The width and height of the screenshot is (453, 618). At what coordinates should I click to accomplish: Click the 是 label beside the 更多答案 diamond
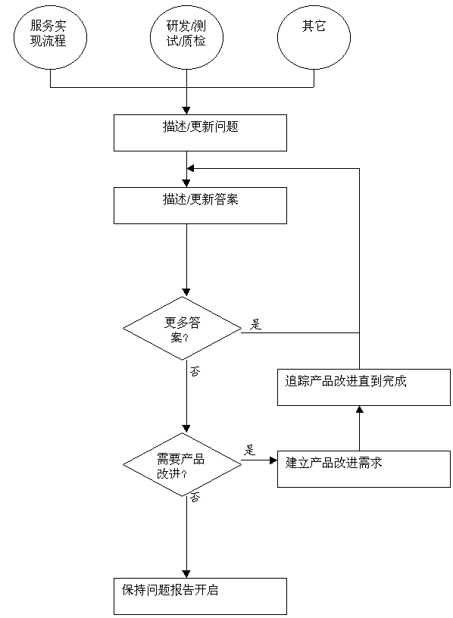255,324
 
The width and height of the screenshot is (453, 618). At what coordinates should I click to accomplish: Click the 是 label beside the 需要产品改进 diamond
249,450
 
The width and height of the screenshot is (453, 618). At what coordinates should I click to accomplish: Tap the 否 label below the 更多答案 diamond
195,371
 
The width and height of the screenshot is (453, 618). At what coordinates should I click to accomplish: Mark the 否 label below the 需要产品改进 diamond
195,498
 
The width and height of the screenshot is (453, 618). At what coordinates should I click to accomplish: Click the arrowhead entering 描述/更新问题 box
186,111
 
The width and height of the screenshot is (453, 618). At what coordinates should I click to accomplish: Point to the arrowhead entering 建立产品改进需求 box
273,460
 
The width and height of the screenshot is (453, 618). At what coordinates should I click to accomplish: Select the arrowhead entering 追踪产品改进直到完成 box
359,410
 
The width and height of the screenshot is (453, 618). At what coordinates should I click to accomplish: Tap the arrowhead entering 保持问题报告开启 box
186,574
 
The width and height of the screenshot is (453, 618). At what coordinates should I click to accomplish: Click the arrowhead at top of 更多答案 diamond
186,292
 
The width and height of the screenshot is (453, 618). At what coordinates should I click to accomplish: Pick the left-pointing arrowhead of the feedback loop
191,169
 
